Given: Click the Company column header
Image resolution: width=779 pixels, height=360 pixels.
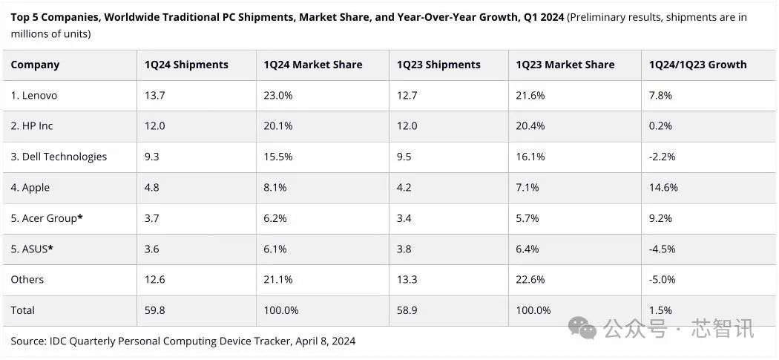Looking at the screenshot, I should tap(35, 65).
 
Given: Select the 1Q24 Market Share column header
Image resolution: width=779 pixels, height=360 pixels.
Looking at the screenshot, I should tap(312, 65).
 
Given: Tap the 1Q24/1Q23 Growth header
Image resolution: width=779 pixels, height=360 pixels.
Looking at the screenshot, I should tap(697, 65).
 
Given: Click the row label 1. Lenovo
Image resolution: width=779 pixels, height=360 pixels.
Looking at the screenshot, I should tap(34, 96).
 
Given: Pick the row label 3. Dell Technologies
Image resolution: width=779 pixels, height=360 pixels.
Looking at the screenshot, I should tap(59, 157).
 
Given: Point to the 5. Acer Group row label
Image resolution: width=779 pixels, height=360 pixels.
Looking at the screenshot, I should tap(46, 218).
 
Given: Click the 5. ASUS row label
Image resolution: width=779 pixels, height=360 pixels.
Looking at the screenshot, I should tap(32, 249).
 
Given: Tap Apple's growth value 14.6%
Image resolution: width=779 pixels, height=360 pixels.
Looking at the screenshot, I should tap(663, 187).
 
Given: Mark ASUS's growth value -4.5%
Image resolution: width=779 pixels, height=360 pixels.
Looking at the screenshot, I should tap(662, 249).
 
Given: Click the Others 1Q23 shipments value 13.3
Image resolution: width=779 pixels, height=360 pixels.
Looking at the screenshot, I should tap(407, 280).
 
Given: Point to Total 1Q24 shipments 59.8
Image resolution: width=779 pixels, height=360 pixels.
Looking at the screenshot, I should tap(154, 310).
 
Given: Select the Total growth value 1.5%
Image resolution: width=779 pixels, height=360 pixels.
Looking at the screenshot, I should tap(660, 310).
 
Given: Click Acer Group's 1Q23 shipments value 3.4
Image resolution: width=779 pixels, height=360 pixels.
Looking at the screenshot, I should tap(405, 218).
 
